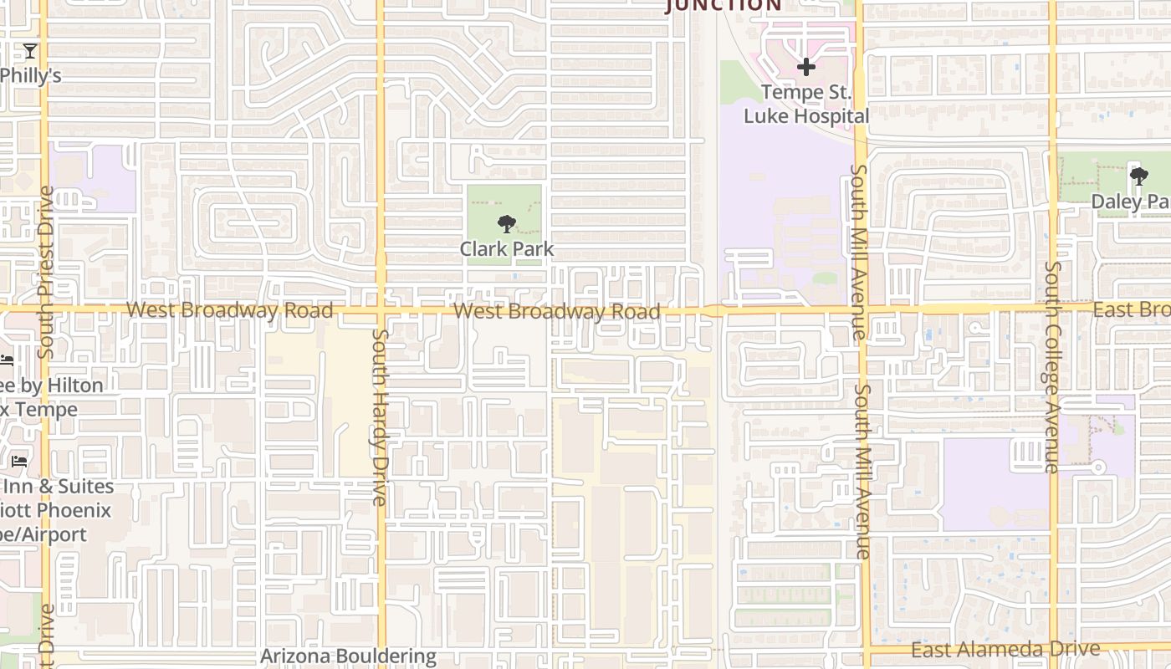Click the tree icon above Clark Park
(x=506, y=224)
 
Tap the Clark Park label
(x=506, y=249)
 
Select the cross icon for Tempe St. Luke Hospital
(x=806, y=67)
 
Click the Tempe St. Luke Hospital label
(x=806, y=105)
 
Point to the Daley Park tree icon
(x=1138, y=176)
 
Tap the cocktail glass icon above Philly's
(x=30, y=52)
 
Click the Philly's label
(x=31, y=75)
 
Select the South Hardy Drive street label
(x=380, y=416)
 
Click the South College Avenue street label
(x=1051, y=368)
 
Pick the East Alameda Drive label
(x=1005, y=650)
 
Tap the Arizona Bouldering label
(x=348, y=656)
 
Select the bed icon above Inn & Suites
(x=19, y=461)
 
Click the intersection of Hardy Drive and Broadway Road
(x=381, y=310)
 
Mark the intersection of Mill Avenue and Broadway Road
(x=861, y=309)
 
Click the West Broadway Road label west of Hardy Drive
(x=229, y=310)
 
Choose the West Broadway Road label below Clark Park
(x=557, y=312)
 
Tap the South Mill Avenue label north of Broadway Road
(x=859, y=251)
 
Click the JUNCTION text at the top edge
(x=724, y=6)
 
